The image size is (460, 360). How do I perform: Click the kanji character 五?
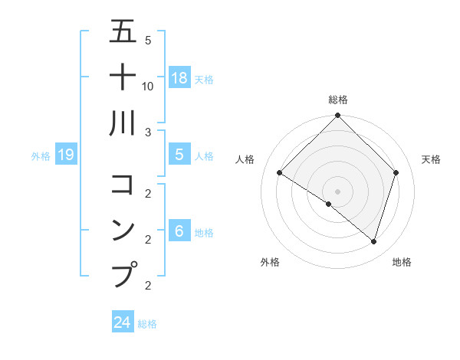click(x=123, y=31)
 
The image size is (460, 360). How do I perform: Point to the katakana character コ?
click(x=123, y=185)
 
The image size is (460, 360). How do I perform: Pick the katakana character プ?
click(x=124, y=274)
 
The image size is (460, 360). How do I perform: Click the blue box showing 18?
click(x=179, y=78)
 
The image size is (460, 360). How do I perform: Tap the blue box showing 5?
click(x=179, y=155)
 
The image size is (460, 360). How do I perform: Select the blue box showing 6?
click(x=179, y=231)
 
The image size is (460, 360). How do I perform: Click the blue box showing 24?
click(x=122, y=322)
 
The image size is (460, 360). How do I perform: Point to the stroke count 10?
click(x=148, y=86)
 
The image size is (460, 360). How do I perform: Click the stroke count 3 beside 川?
click(x=148, y=133)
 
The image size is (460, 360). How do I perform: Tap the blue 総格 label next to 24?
click(x=147, y=324)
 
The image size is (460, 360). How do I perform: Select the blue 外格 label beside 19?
click(x=41, y=156)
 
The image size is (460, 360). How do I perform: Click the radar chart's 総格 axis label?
click(x=337, y=100)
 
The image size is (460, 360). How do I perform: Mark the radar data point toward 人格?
click(x=279, y=172)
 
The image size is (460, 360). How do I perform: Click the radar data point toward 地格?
click(x=373, y=241)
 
